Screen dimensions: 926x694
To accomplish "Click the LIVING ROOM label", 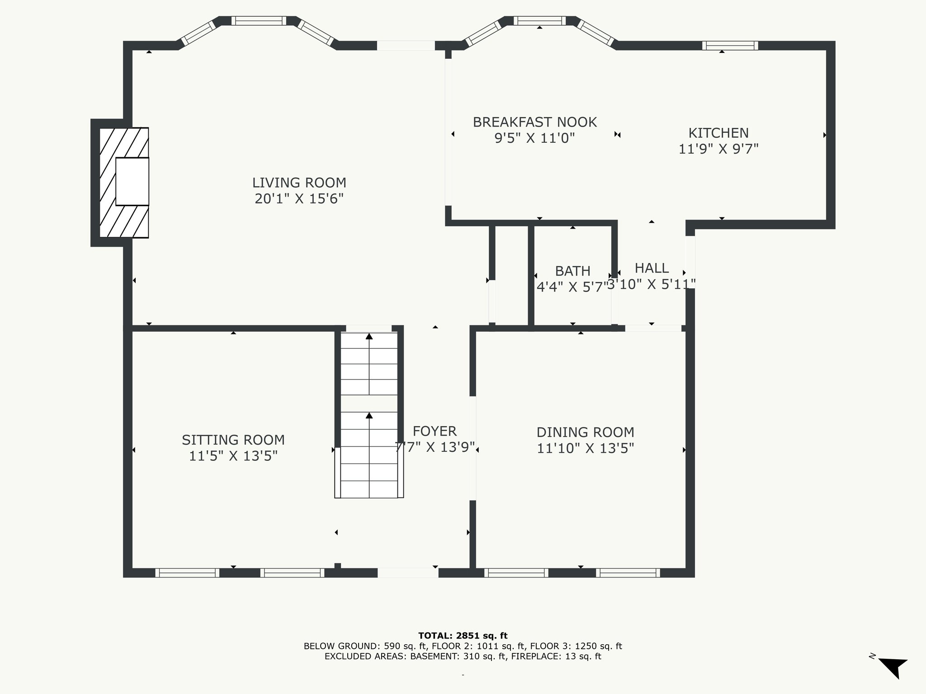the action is click(299, 183).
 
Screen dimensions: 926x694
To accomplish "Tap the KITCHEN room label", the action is click(718, 133).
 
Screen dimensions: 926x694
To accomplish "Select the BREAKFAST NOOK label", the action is click(535, 122).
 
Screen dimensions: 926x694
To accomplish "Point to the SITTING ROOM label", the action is click(233, 440).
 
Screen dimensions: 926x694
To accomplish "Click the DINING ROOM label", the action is click(586, 432).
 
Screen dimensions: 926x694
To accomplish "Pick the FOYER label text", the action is click(435, 431).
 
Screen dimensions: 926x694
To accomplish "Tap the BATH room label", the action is click(573, 271).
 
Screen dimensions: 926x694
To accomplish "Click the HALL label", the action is click(652, 268).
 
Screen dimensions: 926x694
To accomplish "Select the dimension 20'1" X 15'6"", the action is click(299, 199).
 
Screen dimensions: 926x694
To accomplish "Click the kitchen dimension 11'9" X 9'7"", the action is click(718, 149).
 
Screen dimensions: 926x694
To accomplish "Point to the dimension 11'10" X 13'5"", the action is click(586, 449).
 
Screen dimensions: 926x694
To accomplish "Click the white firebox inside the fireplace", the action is click(132, 182).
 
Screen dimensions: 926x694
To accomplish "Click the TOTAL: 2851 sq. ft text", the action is click(463, 636).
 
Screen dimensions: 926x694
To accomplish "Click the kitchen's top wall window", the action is click(730, 45).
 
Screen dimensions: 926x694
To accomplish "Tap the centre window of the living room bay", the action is click(259, 21).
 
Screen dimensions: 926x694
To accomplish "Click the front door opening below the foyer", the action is click(408, 573).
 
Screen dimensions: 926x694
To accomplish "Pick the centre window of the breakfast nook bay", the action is click(539, 21).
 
